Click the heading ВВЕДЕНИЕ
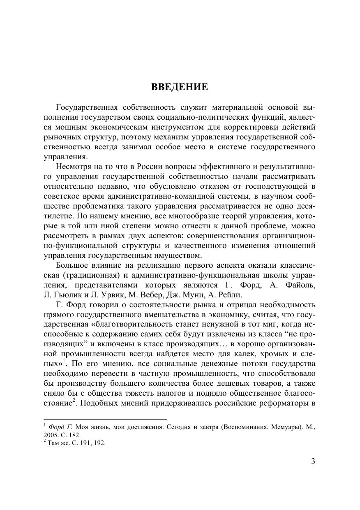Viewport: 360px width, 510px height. [x=180, y=87]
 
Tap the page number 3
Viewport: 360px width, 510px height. [x=313, y=461]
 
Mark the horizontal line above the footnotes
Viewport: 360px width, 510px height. [x=105, y=419]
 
